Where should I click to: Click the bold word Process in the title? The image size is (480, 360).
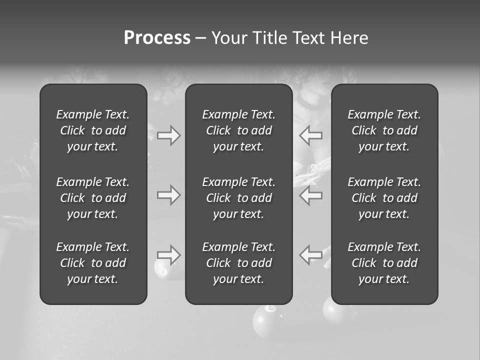click(x=157, y=38)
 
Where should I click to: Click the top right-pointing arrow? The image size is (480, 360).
click(x=168, y=135)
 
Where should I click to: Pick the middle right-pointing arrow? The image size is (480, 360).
click(x=168, y=195)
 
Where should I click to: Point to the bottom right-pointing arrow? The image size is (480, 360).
click(x=168, y=254)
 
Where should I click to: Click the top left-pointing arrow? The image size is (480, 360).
click(x=311, y=135)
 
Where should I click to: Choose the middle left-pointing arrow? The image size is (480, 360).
click(x=311, y=195)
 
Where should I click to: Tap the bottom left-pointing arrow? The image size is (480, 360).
click(x=311, y=254)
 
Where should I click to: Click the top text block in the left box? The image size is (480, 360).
click(x=93, y=130)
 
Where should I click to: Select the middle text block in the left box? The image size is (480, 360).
click(x=93, y=198)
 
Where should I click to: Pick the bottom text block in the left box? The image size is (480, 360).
click(x=93, y=263)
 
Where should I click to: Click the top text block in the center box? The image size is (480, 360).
click(x=238, y=130)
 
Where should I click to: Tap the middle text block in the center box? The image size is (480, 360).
click(x=238, y=198)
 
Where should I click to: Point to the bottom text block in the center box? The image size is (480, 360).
click(x=238, y=263)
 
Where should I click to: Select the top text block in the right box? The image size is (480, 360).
click(x=384, y=130)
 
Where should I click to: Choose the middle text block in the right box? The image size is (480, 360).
click(x=384, y=198)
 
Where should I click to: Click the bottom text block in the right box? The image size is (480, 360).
click(x=384, y=263)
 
